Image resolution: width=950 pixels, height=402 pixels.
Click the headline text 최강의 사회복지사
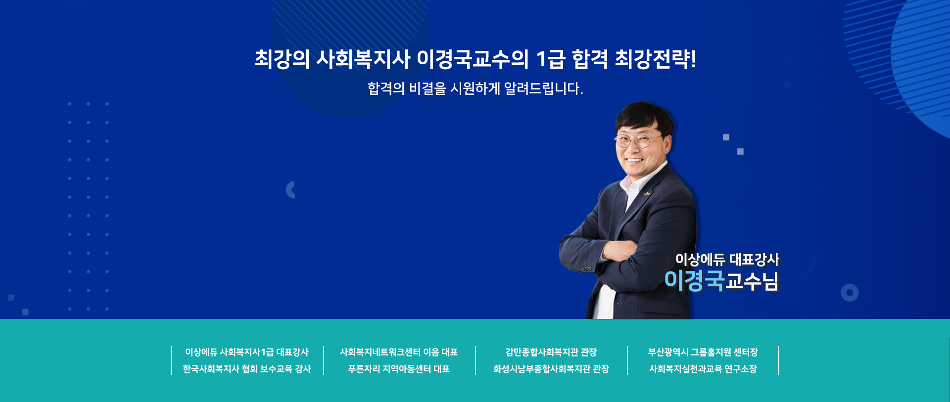332,59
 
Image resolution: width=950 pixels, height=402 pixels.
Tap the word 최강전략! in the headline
655,59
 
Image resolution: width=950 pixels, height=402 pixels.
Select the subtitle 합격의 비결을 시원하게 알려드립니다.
475,89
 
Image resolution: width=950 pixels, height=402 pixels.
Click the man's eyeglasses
638,141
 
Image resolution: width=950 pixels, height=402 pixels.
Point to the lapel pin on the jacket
647,193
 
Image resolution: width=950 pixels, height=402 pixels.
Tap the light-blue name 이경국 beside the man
694,281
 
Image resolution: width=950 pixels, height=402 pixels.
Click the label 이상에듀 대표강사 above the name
727,259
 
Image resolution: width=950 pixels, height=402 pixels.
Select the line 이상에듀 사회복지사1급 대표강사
247,352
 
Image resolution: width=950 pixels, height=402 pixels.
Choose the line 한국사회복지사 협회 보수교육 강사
247,369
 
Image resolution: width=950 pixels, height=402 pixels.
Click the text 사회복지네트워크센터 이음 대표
399,352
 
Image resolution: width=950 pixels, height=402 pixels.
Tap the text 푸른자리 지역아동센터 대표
399,369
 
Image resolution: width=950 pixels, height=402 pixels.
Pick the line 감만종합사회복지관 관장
551,352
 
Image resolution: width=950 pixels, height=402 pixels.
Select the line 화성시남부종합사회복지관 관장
551,369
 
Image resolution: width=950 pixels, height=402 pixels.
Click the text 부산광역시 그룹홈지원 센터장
703,352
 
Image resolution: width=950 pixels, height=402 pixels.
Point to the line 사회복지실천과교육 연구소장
703,369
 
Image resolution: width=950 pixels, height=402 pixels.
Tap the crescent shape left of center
289,190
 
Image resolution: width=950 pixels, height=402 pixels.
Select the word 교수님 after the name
752,281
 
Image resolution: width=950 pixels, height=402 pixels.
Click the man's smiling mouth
634,160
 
